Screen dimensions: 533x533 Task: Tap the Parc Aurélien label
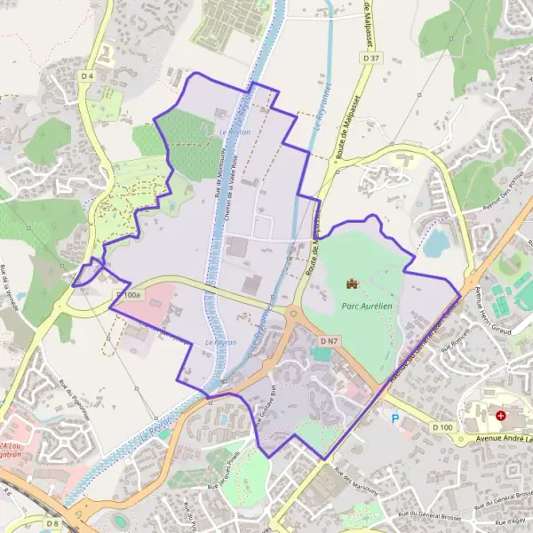click(x=367, y=304)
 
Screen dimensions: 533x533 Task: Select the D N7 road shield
click(x=330, y=341)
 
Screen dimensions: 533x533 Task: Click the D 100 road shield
click(x=442, y=428)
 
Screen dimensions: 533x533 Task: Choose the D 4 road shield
click(x=86, y=76)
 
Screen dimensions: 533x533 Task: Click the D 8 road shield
click(x=52, y=524)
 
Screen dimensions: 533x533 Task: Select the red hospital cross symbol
click(x=501, y=415)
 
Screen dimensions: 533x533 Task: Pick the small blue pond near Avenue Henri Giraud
click(x=436, y=242)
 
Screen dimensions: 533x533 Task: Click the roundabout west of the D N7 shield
click(x=294, y=313)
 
